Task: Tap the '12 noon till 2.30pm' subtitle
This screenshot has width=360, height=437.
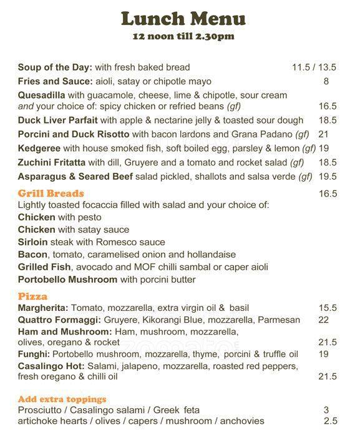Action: point(183,36)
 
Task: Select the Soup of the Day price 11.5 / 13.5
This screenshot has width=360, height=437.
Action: point(313,67)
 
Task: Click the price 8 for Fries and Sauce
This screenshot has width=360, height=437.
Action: point(326,81)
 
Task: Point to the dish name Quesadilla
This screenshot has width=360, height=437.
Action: point(41,95)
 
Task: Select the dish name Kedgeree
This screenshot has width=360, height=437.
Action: point(39,148)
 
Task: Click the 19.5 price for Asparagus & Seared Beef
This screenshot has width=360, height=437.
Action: point(327,177)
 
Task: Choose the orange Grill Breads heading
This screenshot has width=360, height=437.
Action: point(51,194)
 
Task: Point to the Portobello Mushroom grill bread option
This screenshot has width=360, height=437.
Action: point(67,280)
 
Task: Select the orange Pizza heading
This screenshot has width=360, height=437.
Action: point(32,297)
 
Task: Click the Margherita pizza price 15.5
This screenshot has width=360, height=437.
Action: point(327,308)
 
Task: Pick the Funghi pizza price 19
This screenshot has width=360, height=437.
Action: point(323,354)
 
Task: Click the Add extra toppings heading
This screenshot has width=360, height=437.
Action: point(62,399)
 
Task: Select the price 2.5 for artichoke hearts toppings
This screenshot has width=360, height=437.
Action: point(330,421)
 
